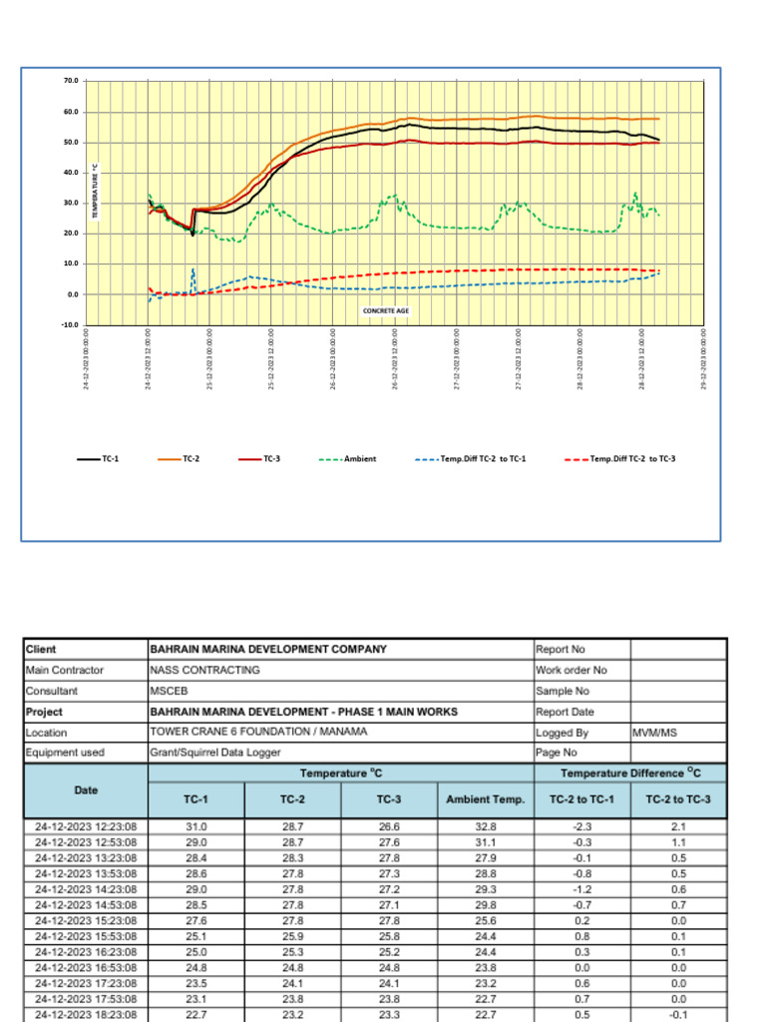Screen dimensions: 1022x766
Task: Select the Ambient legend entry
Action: [359, 459]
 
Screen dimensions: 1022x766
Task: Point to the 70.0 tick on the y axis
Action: [72, 81]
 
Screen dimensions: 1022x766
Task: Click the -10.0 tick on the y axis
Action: [71, 325]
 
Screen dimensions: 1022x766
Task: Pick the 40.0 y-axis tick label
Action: [72, 173]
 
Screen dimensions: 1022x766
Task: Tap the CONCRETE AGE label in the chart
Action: [386, 310]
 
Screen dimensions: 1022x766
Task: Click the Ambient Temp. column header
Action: [485, 799]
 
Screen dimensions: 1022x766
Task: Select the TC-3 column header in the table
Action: [388, 799]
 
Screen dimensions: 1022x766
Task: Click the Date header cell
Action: [86, 789]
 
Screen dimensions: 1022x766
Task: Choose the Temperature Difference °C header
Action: [629, 773]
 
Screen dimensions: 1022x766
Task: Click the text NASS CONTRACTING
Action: [204, 670]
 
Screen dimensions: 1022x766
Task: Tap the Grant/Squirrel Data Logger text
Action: [214, 753]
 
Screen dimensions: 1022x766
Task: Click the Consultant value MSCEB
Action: [169, 691]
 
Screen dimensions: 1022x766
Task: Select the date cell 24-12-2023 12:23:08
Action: [86, 827]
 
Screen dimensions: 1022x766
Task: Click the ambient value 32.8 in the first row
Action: [485, 827]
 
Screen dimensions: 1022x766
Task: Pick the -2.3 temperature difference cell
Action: [582, 827]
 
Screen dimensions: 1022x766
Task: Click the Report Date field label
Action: [565, 712]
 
